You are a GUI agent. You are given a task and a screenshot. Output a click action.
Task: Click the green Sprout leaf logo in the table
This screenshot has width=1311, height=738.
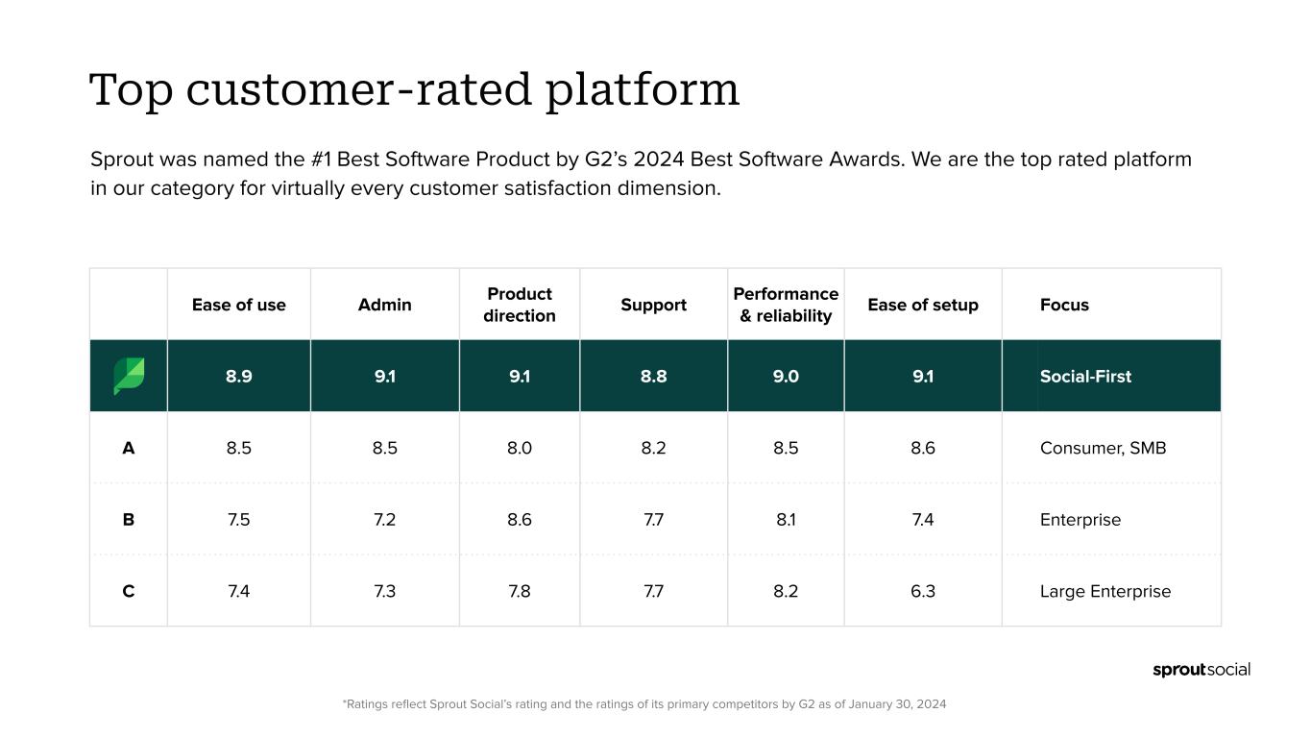129,376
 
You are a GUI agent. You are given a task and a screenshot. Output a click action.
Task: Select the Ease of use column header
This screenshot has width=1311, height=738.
239,305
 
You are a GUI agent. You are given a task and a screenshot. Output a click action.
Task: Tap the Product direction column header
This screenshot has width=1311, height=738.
520,305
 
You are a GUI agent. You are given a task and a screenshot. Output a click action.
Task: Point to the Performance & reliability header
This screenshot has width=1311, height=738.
786,305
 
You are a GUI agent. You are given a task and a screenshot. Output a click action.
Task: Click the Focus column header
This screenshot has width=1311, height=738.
1064,305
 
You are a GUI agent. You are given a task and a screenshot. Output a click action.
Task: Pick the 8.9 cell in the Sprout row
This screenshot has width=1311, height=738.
239,376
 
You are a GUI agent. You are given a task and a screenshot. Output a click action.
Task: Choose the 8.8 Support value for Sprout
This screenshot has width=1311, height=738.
653,376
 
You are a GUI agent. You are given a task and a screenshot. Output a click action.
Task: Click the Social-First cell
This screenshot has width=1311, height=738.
1085,376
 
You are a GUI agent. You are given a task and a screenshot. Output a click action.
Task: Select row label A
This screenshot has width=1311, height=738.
129,448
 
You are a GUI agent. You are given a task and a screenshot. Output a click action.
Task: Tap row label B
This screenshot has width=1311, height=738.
129,520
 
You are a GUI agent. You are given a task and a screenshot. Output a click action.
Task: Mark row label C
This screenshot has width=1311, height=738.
129,591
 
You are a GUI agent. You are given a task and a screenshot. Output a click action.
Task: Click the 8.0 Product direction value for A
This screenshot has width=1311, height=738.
520,448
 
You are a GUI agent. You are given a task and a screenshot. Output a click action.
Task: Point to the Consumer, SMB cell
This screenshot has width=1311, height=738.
1103,448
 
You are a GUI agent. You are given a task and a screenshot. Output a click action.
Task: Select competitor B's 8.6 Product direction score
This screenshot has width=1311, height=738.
520,520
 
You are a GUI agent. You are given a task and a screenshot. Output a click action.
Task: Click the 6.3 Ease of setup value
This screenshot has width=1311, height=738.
923,591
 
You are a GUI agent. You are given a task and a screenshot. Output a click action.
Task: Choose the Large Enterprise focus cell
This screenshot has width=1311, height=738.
1105,591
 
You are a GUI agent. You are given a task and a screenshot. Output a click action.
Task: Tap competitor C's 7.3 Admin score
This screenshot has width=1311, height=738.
384,591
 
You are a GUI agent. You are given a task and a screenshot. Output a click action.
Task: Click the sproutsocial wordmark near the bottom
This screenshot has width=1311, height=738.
1202,670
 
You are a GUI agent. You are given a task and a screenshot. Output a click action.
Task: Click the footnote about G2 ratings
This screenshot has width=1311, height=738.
643,704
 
